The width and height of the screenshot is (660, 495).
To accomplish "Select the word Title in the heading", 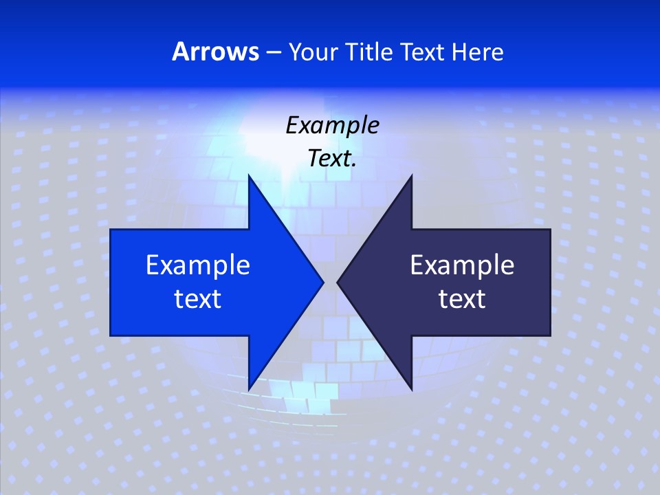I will (x=372, y=52).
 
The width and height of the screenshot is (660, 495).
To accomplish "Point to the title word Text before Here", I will (x=423, y=52).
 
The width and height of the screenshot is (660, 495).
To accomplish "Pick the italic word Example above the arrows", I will (x=332, y=125).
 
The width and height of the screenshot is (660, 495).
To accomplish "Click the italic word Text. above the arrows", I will (x=332, y=158).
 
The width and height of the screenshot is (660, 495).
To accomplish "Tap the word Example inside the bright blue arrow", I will (x=198, y=265).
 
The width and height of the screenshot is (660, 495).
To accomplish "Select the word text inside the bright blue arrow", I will (x=198, y=298).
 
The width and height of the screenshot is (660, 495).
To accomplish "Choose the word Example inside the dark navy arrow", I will (x=462, y=265).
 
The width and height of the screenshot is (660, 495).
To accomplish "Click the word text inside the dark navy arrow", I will (x=462, y=298).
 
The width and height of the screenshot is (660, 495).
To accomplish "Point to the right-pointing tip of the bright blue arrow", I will (x=323, y=282).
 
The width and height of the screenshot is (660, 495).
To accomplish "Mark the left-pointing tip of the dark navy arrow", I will (x=338, y=282).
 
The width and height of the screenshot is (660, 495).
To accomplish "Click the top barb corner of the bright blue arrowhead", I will (x=249, y=175).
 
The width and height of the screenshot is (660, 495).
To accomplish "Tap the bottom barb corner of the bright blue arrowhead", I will (x=249, y=389).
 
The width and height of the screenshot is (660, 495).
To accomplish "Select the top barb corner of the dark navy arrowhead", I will (x=412, y=175).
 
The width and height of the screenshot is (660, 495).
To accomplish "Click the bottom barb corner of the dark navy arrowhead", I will (x=412, y=389).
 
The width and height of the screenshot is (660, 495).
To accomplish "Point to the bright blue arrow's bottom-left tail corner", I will (x=111, y=335).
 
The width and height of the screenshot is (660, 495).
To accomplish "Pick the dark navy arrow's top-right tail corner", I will (x=550, y=230).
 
